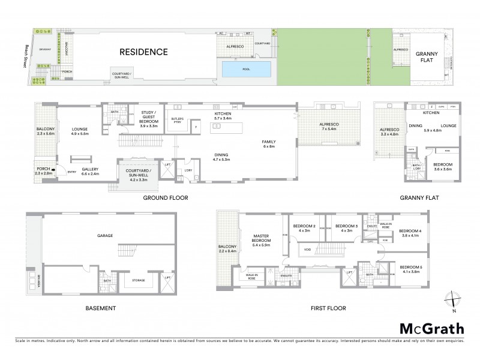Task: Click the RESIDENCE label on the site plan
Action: click(x=143, y=52)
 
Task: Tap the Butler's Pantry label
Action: click(x=177, y=120)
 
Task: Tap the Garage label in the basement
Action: click(x=105, y=236)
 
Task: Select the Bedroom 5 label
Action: click(x=412, y=268)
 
